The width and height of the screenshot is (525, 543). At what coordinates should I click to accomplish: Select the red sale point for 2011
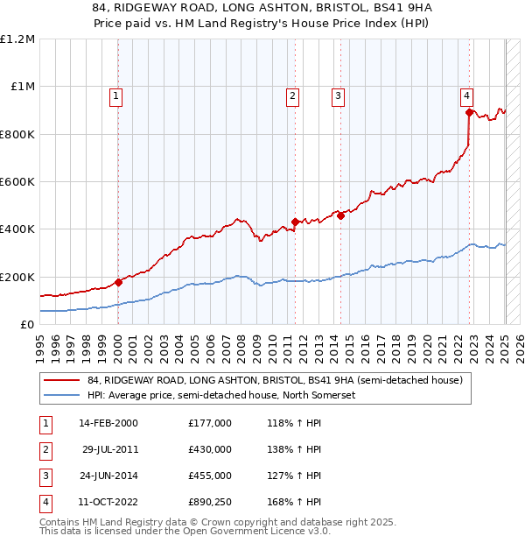(x=295, y=222)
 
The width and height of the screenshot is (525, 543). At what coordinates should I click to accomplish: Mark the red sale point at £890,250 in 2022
(x=469, y=112)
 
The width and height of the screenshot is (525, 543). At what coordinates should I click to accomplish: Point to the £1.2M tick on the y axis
(x=17, y=39)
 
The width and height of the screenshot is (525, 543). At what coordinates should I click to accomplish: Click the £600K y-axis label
(x=17, y=182)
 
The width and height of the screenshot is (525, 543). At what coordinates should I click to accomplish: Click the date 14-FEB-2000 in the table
(x=108, y=423)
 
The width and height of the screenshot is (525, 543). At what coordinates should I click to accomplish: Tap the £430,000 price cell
(x=210, y=448)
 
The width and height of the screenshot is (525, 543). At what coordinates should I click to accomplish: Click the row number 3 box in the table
(x=45, y=476)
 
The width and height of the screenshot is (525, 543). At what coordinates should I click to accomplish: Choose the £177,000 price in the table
(x=210, y=423)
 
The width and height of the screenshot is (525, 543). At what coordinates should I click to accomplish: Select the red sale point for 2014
(x=340, y=216)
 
